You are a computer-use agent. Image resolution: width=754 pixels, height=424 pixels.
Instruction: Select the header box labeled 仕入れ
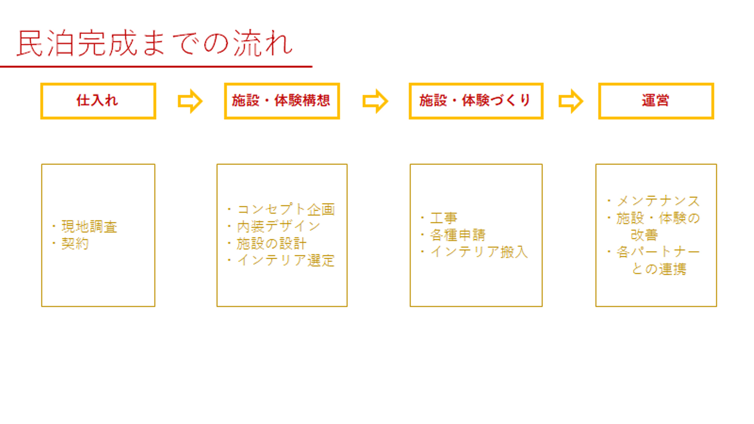pyautogui.click(x=98, y=101)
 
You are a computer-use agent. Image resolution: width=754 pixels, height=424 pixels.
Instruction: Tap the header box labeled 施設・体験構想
pyautogui.click(x=282, y=101)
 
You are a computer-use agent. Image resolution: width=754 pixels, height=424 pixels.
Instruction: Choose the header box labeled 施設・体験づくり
pyautogui.click(x=475, y=101)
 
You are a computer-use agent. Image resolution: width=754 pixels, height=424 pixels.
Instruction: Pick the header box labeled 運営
pyautogui.click(x=656, y=101)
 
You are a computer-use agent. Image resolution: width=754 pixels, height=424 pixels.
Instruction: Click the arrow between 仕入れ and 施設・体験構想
pyautogui.click(x=190, y=101)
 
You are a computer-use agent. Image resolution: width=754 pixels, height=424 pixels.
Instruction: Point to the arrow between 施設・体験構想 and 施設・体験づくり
pyautogui.click(x=375, y=101)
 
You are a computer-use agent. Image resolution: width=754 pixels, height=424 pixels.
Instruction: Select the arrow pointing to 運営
pyautogui.click(x=570, y=101)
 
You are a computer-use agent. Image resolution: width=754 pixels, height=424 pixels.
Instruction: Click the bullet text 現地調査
pyautogui.click(x=89, y=227)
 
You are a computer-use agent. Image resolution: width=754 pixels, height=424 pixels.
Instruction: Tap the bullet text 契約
pyautogui.click(x=75, y=244)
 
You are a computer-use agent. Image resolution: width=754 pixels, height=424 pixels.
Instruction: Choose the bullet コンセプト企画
pyautogui.click(x=285, y=210)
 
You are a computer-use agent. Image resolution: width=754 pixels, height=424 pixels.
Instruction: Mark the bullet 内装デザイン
pyautogui.click(x=278, y=227)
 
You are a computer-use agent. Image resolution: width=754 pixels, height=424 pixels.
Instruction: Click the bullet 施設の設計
pyautogui.click(x=271, y=243)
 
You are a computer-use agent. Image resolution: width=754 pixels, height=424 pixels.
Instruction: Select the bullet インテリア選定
pyautogui.click(x=285, y=260)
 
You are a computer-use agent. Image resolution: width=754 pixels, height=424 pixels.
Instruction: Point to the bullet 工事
pyautogui.click(x=443, y=218)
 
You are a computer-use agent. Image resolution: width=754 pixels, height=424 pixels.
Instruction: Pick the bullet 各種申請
pyautogui.click(x=457, y=235)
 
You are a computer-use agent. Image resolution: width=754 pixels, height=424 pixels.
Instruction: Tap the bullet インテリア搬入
pyautogui.click(x=479, y=252)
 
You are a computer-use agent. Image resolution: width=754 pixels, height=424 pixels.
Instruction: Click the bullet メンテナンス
pyautogui.click(x=658, y=201)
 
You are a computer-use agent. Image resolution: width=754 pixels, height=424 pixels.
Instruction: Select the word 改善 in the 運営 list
pyautogui.click(x=644, y=235)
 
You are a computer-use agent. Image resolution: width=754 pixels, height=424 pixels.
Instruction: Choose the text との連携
pyautogui.click(x=659, y=269)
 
